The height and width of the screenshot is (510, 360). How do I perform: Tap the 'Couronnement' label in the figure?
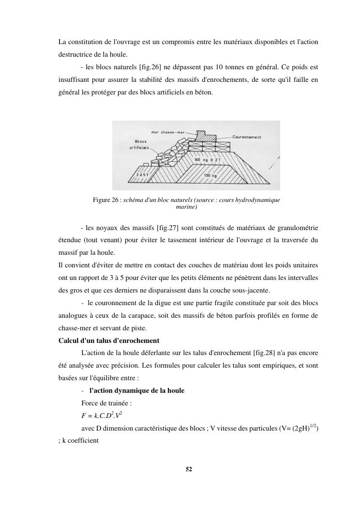[247, 137]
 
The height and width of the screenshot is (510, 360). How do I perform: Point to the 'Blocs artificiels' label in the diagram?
[139, 144]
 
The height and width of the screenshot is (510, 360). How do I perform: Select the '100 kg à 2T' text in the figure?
[207, 159]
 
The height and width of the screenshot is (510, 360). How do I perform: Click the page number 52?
[189, 469]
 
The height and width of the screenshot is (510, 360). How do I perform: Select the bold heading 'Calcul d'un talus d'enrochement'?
[109, 340]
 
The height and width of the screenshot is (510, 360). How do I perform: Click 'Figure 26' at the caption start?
[106, 200]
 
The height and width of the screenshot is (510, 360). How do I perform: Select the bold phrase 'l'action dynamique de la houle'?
[137, 390]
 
